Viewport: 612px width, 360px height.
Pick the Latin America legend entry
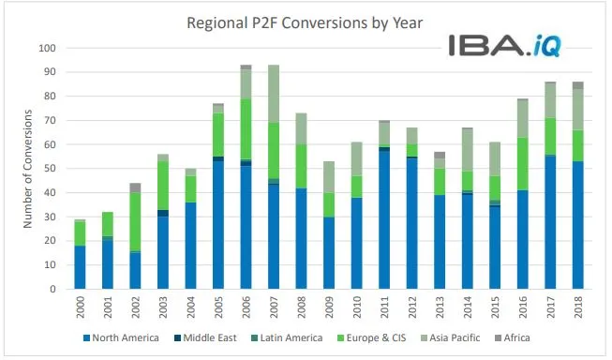[296, 337]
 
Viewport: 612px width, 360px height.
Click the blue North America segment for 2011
[384, 219]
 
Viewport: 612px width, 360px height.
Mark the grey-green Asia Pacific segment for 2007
[274, 94]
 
